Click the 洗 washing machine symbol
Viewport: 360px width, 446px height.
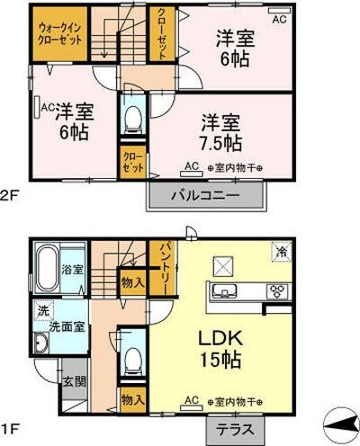[42, 311]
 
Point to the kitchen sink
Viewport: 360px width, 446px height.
[224, 290]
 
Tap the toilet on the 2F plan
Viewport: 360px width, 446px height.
[133, 116]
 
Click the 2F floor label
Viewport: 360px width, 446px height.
[8, 191]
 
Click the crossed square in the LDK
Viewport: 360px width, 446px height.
[221, 265]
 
